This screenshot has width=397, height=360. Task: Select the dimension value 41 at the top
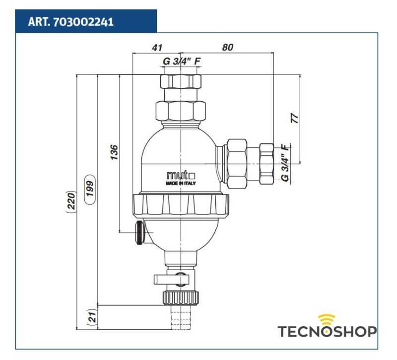(157, 47)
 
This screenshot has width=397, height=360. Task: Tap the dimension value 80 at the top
(227, 47)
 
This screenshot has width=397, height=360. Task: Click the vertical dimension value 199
(90, 190)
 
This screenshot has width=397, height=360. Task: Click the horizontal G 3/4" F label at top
(182, 62)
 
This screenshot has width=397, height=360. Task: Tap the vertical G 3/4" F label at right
(285, 162)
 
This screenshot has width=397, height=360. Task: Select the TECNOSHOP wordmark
(327, 332)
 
